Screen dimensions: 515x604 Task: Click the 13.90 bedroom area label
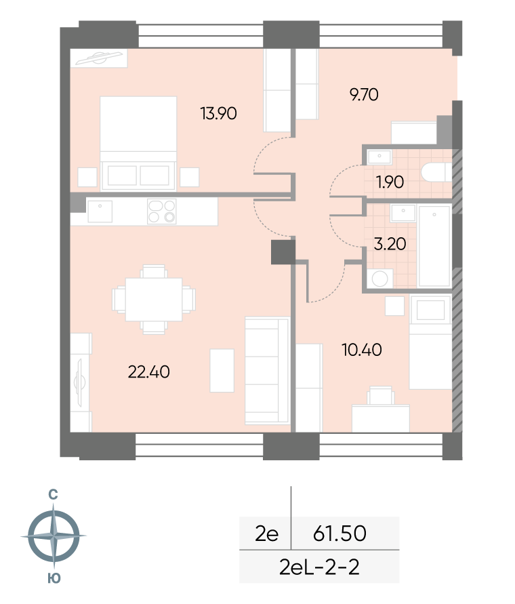tap(218, 113)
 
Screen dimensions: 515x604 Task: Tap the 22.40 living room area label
tap(148, 371)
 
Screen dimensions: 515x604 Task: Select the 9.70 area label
tap(364, 94)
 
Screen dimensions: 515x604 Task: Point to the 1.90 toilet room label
tap(390, 182)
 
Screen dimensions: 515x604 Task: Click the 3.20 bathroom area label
tap(390, 244)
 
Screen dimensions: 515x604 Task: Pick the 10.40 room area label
tap(362, 350)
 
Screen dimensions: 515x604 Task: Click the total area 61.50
tap(339, 533)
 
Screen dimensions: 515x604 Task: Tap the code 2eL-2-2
tap(319, 567)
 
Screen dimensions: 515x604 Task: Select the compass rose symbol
tap(54, 536)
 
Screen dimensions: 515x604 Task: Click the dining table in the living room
tap(154, 300)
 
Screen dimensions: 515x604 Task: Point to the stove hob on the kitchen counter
tap(162, 212)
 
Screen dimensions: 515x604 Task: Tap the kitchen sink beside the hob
tap(100, 212)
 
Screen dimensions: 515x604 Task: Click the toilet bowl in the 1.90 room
tap(436, 172)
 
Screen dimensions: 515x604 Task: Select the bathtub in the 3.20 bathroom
tap(434, 247)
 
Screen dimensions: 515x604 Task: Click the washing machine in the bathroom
tap(379, 279)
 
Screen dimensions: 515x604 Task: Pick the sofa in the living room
tap(267, 371)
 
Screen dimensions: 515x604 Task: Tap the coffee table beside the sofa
tap(222, 371)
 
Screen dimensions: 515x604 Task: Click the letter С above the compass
tap(53, 495)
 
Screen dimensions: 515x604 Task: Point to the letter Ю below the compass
tap(54, 578)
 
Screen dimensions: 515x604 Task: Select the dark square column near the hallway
tap(283, 252)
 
